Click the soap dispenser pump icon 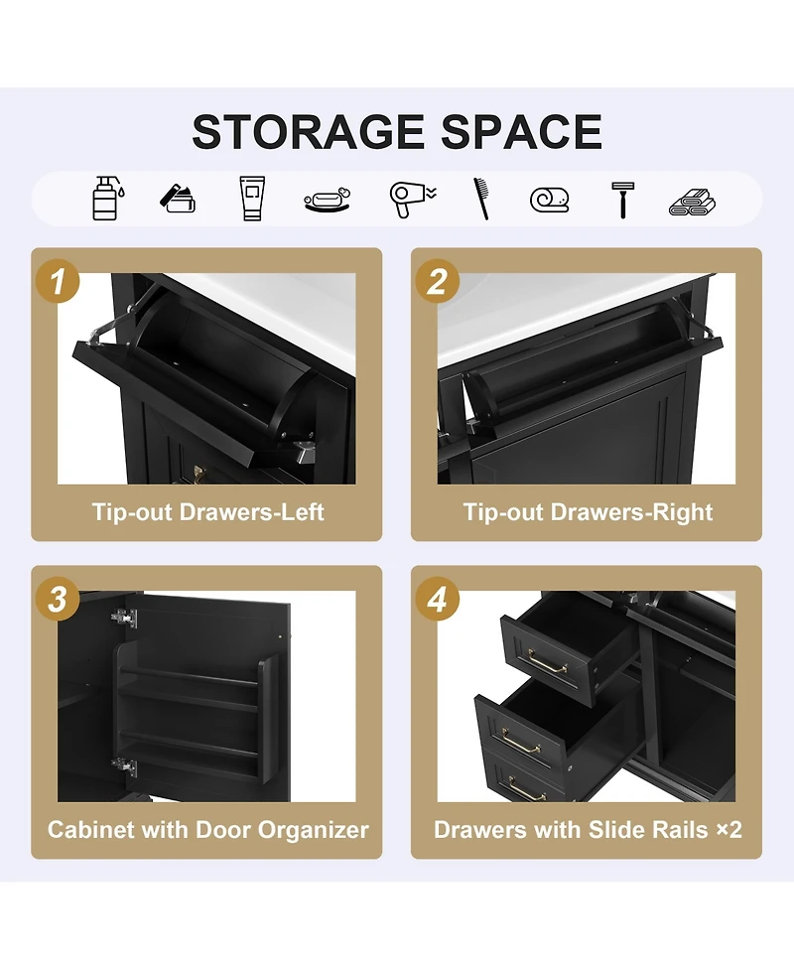tap(106, 198)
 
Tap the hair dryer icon tap(412, 200)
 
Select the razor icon tap(622, 200)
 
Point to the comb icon tap(481, 198)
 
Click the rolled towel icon tap(549, 200)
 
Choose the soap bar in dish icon tap(328, 201)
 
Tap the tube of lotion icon tap(252, 198)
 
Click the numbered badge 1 tap(58, 282)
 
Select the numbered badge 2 tap(437, 282)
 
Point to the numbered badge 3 tap(58, 599)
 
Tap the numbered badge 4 tap(437, 599)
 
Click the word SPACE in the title tap(521, 132)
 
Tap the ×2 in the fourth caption tap(729, 829)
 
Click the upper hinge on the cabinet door tap(124, 618)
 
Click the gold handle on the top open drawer tap(547, 662)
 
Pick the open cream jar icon tap(178, 200)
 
